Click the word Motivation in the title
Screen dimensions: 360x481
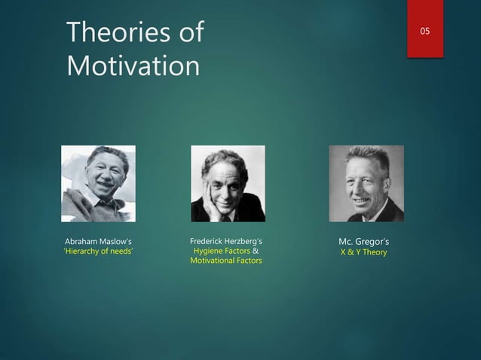133,66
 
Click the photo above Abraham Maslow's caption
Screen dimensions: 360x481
98,184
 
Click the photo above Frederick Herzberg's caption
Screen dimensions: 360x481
228,184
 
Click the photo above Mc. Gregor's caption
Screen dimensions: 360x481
366,184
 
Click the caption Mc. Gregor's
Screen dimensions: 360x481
366,241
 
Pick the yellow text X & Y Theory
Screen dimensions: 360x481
366,252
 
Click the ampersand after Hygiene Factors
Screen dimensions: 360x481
256,251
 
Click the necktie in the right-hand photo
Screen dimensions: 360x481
370,215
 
